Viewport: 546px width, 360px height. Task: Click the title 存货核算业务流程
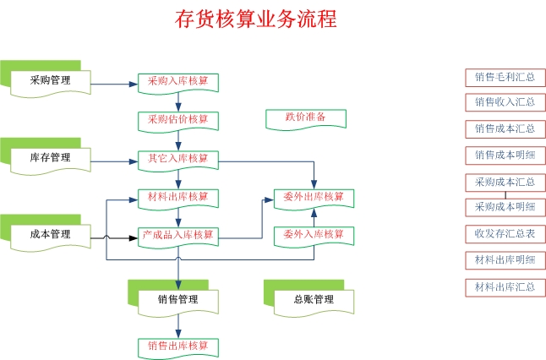click(x=255, y=19)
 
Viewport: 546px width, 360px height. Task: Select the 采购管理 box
click(x=49, y=81)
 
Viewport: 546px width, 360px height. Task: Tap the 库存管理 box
click(x=49, y=158)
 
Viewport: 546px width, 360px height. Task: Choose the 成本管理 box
click(x=49, y=234)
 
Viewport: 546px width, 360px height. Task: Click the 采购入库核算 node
click(x=178, y=81)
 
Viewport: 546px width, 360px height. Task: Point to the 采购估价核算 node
click(x=178, y=119)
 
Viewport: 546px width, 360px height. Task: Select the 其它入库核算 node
click(x=178, y=158)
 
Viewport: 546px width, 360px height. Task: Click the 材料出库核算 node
click(x=178, y=197)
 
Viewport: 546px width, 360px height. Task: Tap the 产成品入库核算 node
click(x=178, y=234)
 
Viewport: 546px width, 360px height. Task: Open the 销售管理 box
click(x=177, y=299)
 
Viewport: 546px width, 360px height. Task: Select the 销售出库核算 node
click(x=178, y=346)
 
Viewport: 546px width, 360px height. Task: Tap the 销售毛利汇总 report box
click(x=505, y=77)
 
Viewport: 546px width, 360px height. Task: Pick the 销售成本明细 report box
click(x=505, y=155)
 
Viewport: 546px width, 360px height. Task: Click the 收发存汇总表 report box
click(x=505, y=233)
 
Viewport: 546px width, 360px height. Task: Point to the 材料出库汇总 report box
click(x=505, y=286)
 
